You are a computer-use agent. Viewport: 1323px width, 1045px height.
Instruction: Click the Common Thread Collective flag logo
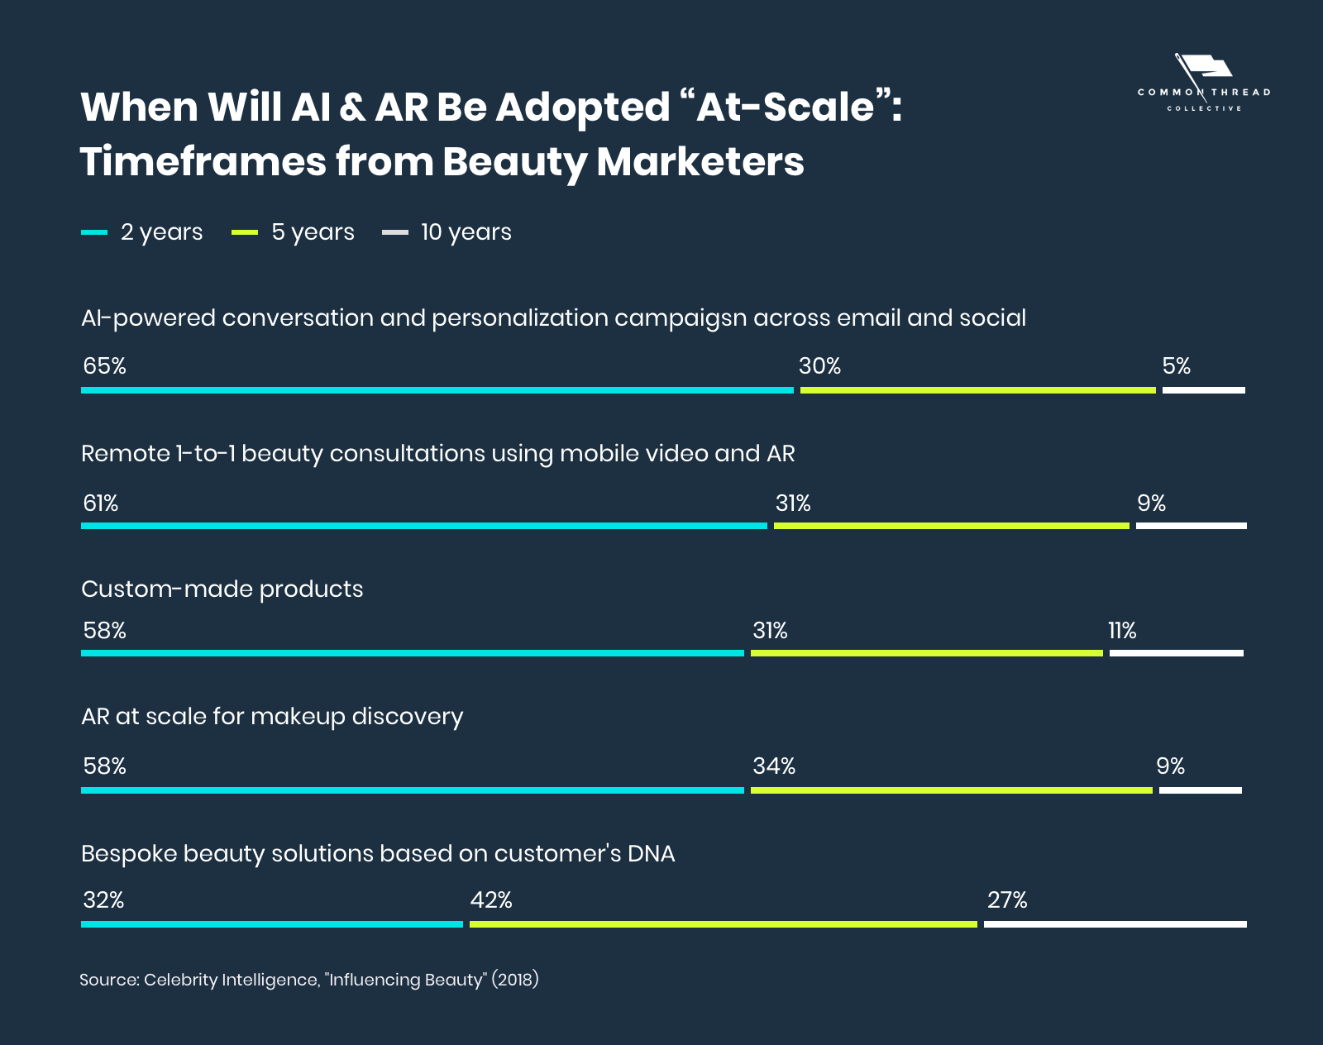[1203, 83]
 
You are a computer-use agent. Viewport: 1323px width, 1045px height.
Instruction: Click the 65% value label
[104, 366]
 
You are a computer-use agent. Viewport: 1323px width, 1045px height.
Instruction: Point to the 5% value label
[1176, 366]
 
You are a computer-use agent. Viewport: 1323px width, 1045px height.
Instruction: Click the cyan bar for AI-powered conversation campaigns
[437, 390]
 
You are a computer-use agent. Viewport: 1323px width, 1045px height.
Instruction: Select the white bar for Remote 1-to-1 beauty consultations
[1191, 526]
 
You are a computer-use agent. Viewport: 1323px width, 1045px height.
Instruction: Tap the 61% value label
[101, 503]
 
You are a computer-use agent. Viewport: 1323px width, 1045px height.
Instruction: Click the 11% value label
[1122, 631]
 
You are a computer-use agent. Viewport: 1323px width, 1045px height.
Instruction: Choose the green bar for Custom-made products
[926, 653]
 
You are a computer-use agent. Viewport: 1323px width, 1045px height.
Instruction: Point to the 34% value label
[773, 766]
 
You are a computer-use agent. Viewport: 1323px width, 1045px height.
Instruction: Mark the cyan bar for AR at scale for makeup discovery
[412, 790]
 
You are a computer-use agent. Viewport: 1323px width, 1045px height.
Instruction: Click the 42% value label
[491, 899]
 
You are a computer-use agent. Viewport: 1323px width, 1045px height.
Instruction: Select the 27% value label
[1006, 899]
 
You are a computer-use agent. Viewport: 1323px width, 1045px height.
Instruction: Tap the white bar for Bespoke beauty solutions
[1115, 924]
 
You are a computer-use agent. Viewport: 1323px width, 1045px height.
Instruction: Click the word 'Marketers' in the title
[700, 161]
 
